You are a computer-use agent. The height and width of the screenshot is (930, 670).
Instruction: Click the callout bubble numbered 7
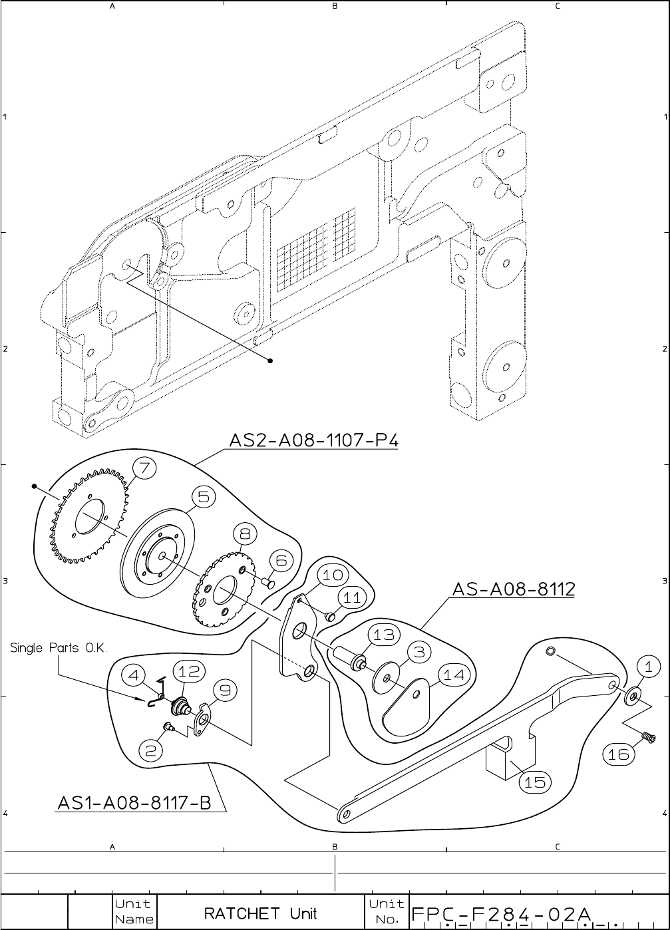pos(146,468)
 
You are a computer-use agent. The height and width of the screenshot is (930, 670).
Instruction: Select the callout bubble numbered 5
pos(203,496)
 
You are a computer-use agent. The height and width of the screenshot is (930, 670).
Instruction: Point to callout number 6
pos(281,560)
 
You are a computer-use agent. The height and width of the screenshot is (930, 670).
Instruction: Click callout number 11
pos(352,597)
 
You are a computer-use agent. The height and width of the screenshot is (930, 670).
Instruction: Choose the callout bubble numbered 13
pos(384,635)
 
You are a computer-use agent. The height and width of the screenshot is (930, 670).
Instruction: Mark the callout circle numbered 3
pos(419,652)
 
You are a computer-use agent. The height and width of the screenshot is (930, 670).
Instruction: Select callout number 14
pos(454,675)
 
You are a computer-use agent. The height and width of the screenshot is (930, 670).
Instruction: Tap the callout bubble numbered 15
pos(534,782)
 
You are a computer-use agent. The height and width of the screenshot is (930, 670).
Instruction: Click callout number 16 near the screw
pos(618,754)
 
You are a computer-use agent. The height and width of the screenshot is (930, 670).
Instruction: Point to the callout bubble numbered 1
pos(645,665)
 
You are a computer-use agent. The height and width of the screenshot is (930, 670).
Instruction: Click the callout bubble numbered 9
pos(225,691)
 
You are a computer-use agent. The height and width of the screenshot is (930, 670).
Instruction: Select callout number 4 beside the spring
pos(134,675)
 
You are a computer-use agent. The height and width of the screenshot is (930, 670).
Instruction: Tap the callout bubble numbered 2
pos(151,751)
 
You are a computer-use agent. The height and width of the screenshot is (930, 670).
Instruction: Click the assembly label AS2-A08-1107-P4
pos(313,440)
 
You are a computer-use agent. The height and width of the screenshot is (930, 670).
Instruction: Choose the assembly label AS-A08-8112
pos(513,589)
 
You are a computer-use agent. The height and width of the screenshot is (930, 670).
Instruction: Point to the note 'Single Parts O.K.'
pos(59,648)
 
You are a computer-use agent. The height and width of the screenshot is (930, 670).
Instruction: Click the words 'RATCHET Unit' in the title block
pos(260,913)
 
